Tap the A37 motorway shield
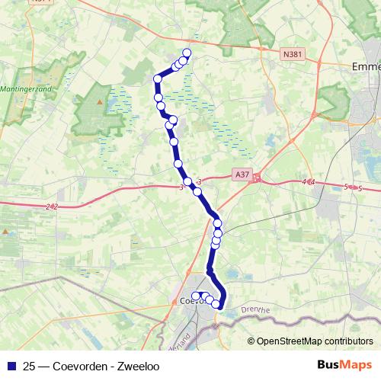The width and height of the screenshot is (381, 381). click(242, 174)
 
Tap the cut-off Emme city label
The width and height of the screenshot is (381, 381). click(367, 66)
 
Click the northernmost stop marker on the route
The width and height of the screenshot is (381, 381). click(187, 53)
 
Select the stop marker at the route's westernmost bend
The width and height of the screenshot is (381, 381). click(158, 78)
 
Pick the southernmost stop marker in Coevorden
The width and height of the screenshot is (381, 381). click(216, 305)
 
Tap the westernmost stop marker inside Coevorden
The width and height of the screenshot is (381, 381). click(195, 296)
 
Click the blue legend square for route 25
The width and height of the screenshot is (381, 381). click(11, 365)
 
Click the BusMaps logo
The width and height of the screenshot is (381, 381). click(344, 364)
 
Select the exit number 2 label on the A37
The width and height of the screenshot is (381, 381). click(50, 207)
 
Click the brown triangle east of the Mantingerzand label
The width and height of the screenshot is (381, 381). click(98, 100)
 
